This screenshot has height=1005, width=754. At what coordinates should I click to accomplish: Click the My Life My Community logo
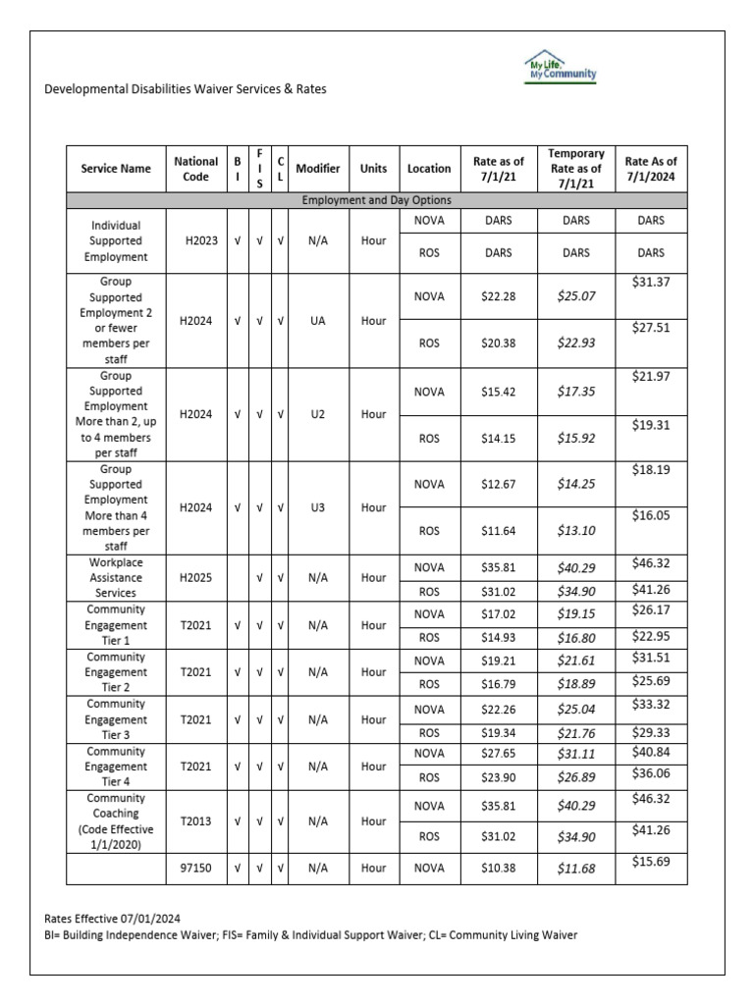[561, 68]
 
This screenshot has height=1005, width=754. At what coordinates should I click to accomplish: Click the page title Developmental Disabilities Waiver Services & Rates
[186, 89]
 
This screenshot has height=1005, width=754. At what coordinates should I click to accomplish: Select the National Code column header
[195, 169]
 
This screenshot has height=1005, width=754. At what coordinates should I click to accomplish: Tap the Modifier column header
[318, 169]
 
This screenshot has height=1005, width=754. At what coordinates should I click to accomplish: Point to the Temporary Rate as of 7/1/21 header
[576, 169]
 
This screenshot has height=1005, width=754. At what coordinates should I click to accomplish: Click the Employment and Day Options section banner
[377, 200]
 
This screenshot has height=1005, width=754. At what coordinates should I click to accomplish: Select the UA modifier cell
[318, 320]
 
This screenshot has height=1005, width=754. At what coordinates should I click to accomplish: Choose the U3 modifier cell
[318, 508]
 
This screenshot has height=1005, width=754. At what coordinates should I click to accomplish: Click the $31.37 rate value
[652, 282]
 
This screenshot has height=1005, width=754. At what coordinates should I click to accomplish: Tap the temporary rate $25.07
[576, 296]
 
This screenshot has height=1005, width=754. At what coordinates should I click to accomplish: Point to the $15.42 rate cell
[499, 392]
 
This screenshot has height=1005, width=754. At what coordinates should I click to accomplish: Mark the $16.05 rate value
[652, 515]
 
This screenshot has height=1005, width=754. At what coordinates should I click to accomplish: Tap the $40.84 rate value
[652, 751]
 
